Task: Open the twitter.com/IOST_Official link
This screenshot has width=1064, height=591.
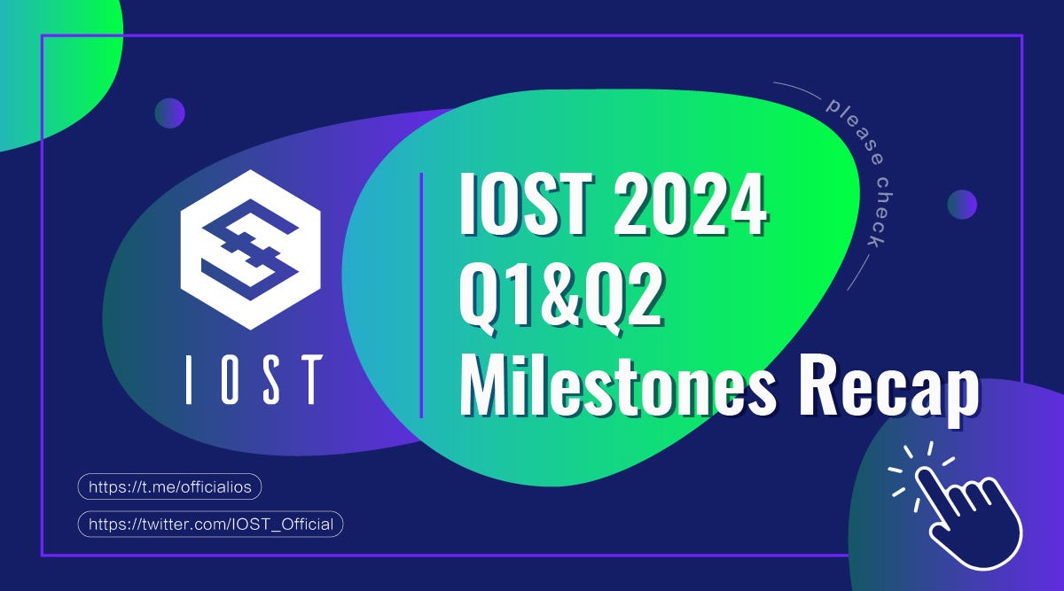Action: tap(210, 524)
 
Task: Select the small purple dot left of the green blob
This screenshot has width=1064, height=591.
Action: tap(169, 113)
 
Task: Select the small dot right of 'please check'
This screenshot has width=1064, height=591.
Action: tap(962, 204)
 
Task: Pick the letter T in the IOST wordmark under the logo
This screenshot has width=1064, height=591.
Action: tap(308, 380)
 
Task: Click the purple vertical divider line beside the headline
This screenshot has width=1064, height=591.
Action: tap(421, 294)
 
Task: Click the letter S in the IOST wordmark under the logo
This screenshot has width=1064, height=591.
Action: tap(268, 380)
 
